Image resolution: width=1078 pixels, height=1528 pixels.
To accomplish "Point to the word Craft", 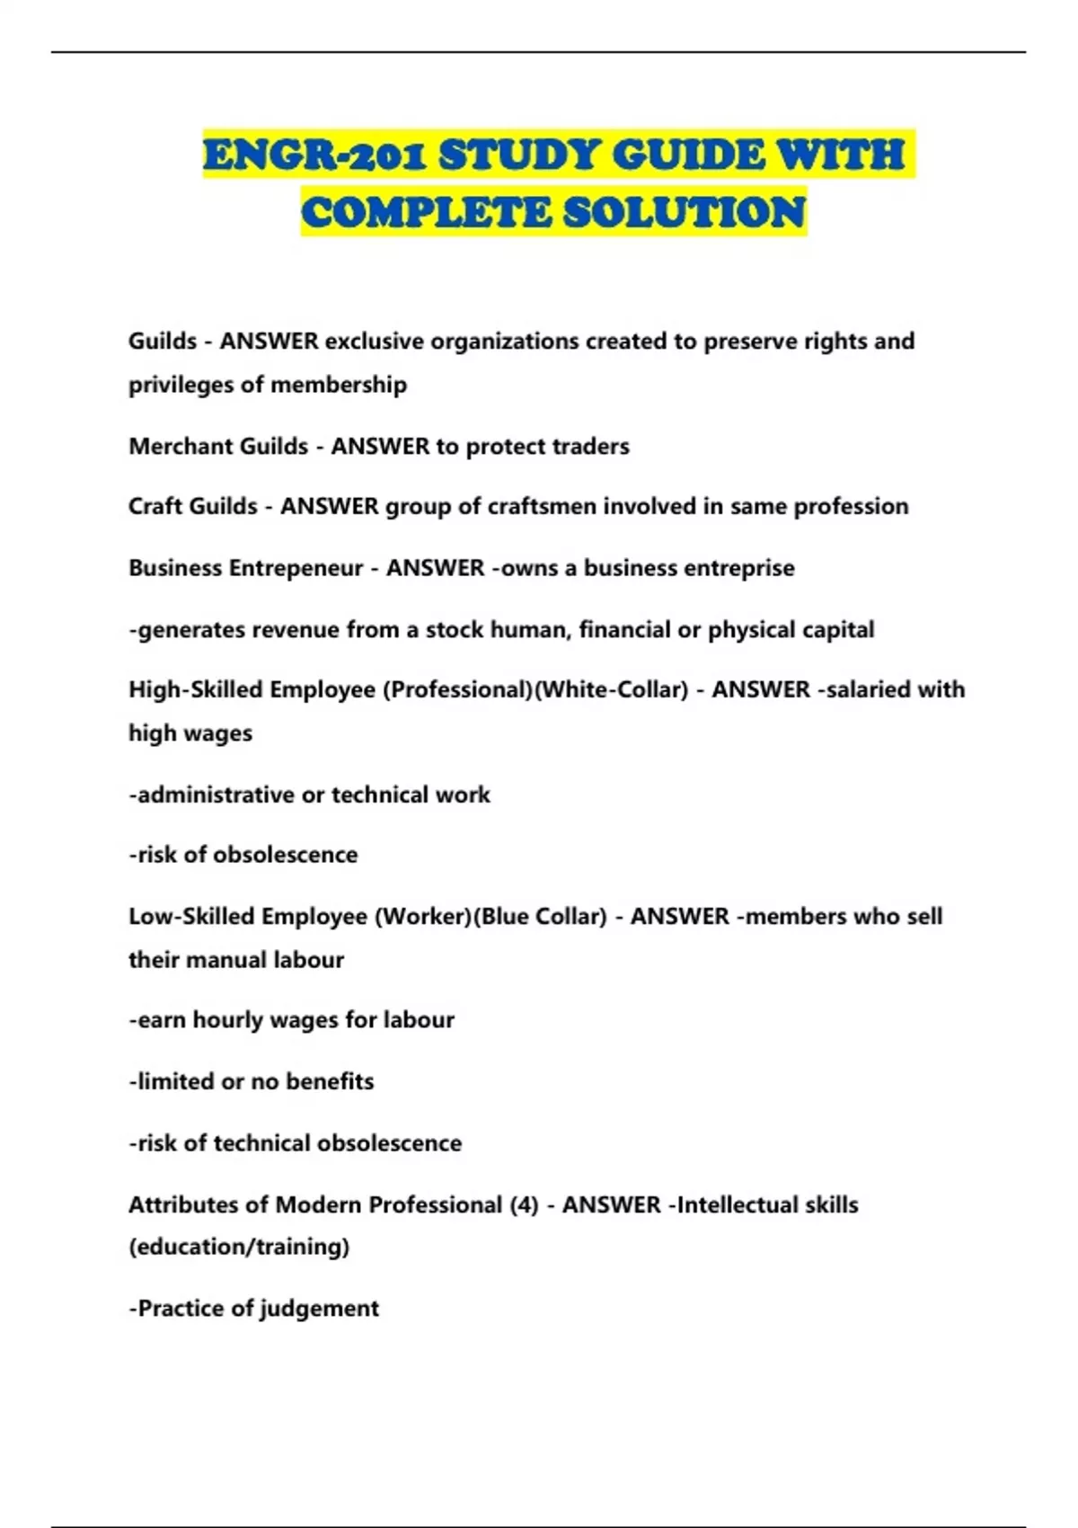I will (x=155, y=506).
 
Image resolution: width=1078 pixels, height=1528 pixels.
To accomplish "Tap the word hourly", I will (x=227, y=1019).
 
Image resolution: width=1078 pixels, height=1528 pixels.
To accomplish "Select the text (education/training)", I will (x=239, y=1247).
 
